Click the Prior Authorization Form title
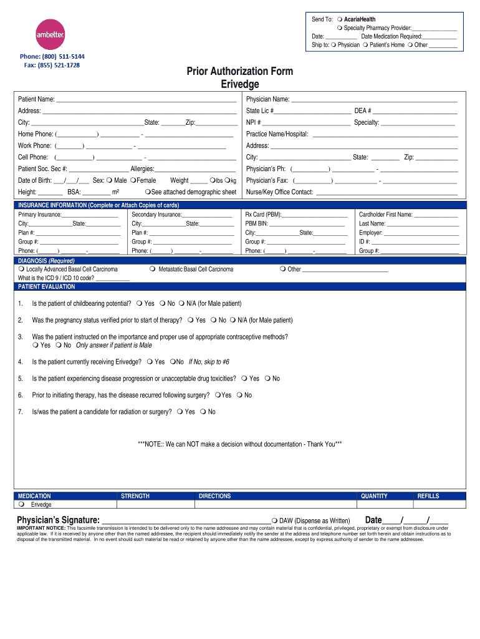[x=239, y=72]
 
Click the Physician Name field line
[x=374, y=100]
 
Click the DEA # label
[x=363, y=111]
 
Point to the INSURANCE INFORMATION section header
[x=98, y=205]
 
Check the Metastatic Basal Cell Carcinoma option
[x=153, y=270]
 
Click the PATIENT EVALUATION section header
[x=47, y=287]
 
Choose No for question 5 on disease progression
[x=267, y=379]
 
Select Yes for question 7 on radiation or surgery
[x=180, y=412]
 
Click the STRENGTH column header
[x=135, y=496]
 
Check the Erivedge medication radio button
[x=21, y=504]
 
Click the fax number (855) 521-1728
[x=52, y=65]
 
